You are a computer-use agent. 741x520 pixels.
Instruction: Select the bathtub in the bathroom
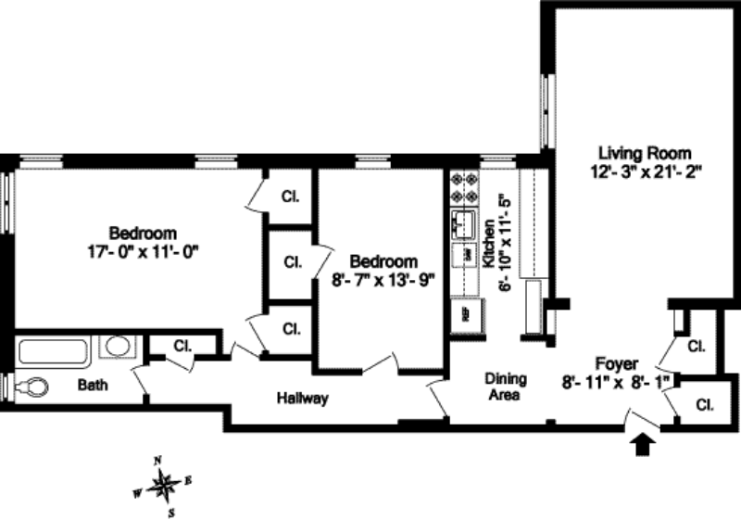(53, 351)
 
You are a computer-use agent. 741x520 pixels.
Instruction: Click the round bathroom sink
(117, 347)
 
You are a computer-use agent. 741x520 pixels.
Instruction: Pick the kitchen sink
(462, 223)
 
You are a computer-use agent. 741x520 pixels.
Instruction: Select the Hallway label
(303, 400)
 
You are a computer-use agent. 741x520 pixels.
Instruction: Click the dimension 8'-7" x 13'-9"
(383, 278)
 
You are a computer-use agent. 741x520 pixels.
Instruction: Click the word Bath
(92, 383)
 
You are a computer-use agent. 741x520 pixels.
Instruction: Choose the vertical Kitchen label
(489, 246)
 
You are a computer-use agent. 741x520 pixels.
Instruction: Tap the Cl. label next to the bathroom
(182, 347)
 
